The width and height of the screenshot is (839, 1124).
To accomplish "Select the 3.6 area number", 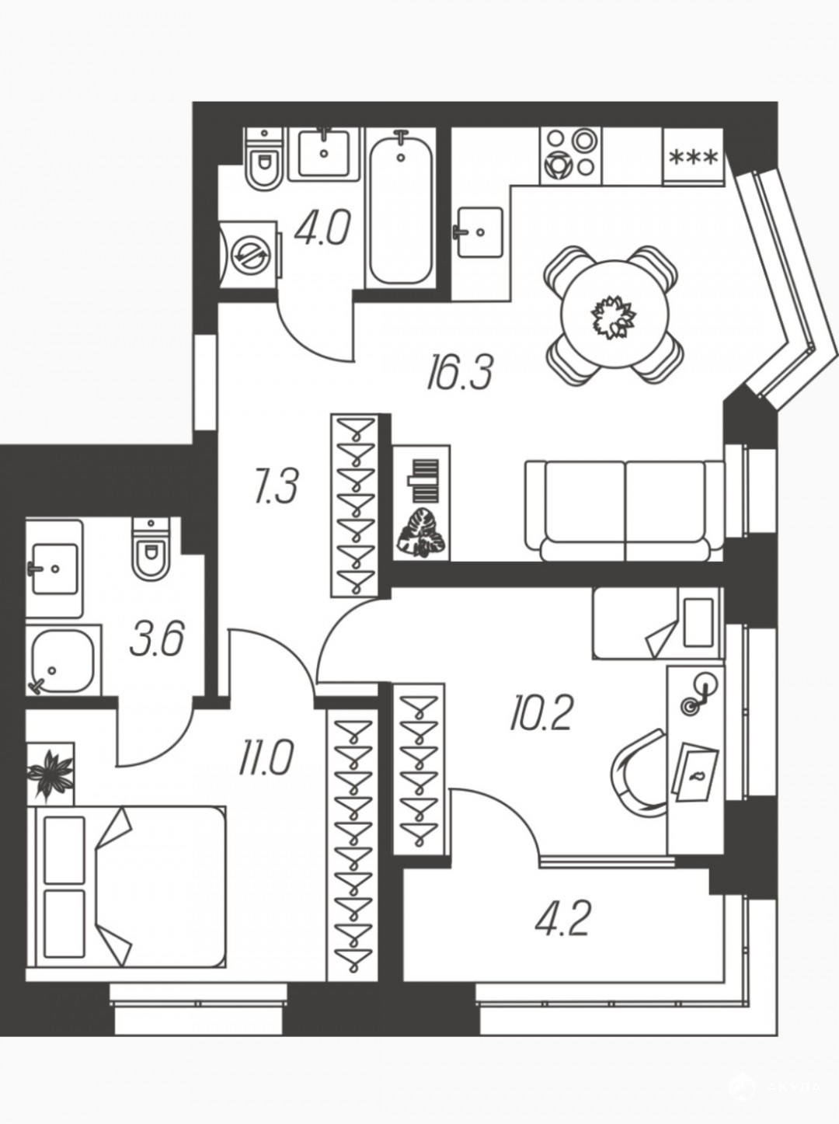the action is tap(157, 639).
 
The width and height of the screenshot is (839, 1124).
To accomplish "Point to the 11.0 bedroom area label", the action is tap(266, 758).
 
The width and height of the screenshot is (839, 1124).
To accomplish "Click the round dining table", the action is tap(614, 314).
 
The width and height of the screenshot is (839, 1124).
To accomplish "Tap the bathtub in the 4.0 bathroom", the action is tap(400, 207).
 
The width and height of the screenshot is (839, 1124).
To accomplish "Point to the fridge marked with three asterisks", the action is tap(694, 155).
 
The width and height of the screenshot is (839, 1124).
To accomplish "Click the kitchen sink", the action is tap(478, 232).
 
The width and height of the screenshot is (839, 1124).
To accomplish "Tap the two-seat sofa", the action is tap(625, 510).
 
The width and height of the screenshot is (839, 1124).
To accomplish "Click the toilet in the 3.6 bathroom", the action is tap(150, 548).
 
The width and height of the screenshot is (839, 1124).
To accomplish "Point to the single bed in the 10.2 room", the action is tap(658, 623).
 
